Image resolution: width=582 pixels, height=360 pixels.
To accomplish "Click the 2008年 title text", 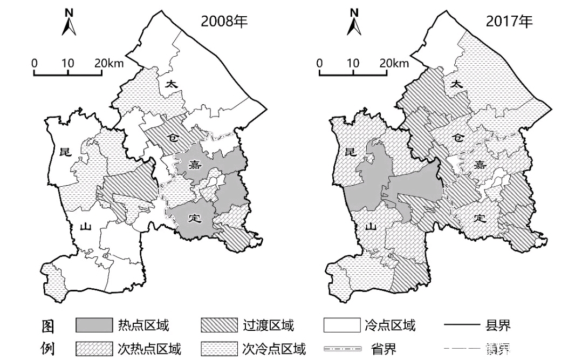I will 224,22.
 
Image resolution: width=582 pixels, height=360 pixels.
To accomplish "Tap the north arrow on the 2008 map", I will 69,23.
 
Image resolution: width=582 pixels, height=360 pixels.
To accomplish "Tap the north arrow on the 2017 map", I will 354,23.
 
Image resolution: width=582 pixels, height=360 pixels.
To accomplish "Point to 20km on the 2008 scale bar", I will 108,63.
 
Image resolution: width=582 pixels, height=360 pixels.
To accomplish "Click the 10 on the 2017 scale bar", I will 353,63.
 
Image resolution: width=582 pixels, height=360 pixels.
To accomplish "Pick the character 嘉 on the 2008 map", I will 195,164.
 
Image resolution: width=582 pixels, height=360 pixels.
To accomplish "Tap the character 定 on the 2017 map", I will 479,219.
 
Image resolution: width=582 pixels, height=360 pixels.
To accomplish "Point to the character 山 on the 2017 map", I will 371,227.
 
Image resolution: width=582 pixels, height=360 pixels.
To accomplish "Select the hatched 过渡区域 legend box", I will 219,325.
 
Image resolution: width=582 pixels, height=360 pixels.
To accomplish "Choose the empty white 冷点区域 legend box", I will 341,325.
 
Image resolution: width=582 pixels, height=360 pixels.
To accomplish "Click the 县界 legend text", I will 497,325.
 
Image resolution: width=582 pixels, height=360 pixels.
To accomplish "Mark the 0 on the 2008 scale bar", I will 35,63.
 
